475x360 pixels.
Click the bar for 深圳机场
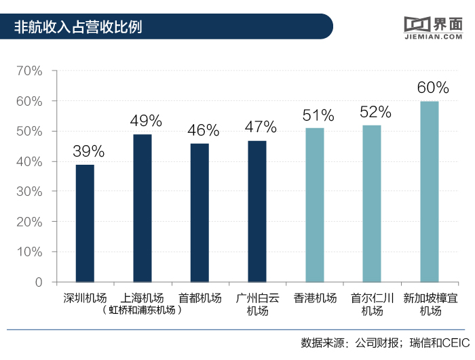coord(85,223)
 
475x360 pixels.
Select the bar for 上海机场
coord(142,208)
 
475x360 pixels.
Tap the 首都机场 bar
coord(199,212)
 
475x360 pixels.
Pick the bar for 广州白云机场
coord(257,211)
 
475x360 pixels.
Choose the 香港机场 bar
coord(315,205)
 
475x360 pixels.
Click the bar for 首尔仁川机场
coord(372,203)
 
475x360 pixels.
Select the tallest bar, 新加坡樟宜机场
coord(430,191)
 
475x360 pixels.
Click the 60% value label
coord(433,88)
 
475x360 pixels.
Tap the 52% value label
coord(375,112)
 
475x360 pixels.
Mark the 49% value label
coord(146,121)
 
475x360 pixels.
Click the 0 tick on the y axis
coord(38,282)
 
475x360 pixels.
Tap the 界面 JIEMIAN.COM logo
coord(432,26)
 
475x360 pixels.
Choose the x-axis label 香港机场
coord(315,298)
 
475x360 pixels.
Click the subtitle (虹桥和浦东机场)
coord(142,311)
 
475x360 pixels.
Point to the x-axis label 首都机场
coord(199,298)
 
